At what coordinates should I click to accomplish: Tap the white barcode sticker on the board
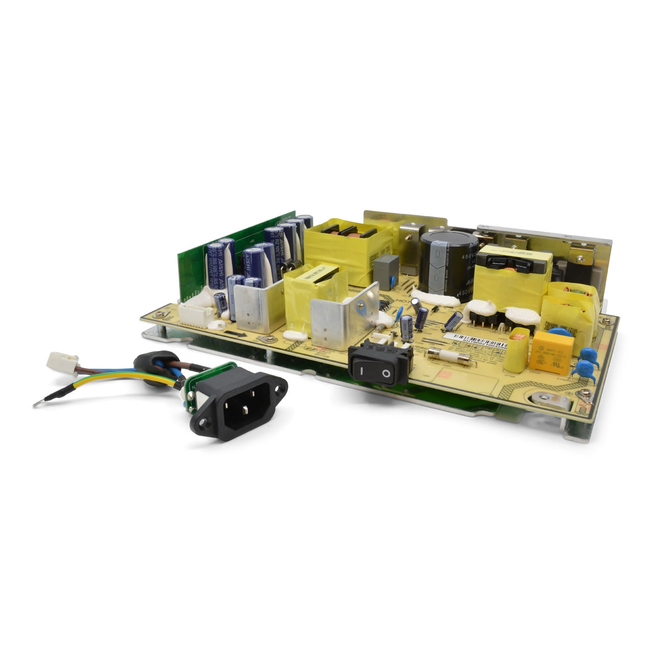coord(475,340)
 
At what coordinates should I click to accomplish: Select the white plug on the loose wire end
coord(62,363)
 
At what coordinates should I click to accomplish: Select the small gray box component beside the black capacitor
coord(386,271)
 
